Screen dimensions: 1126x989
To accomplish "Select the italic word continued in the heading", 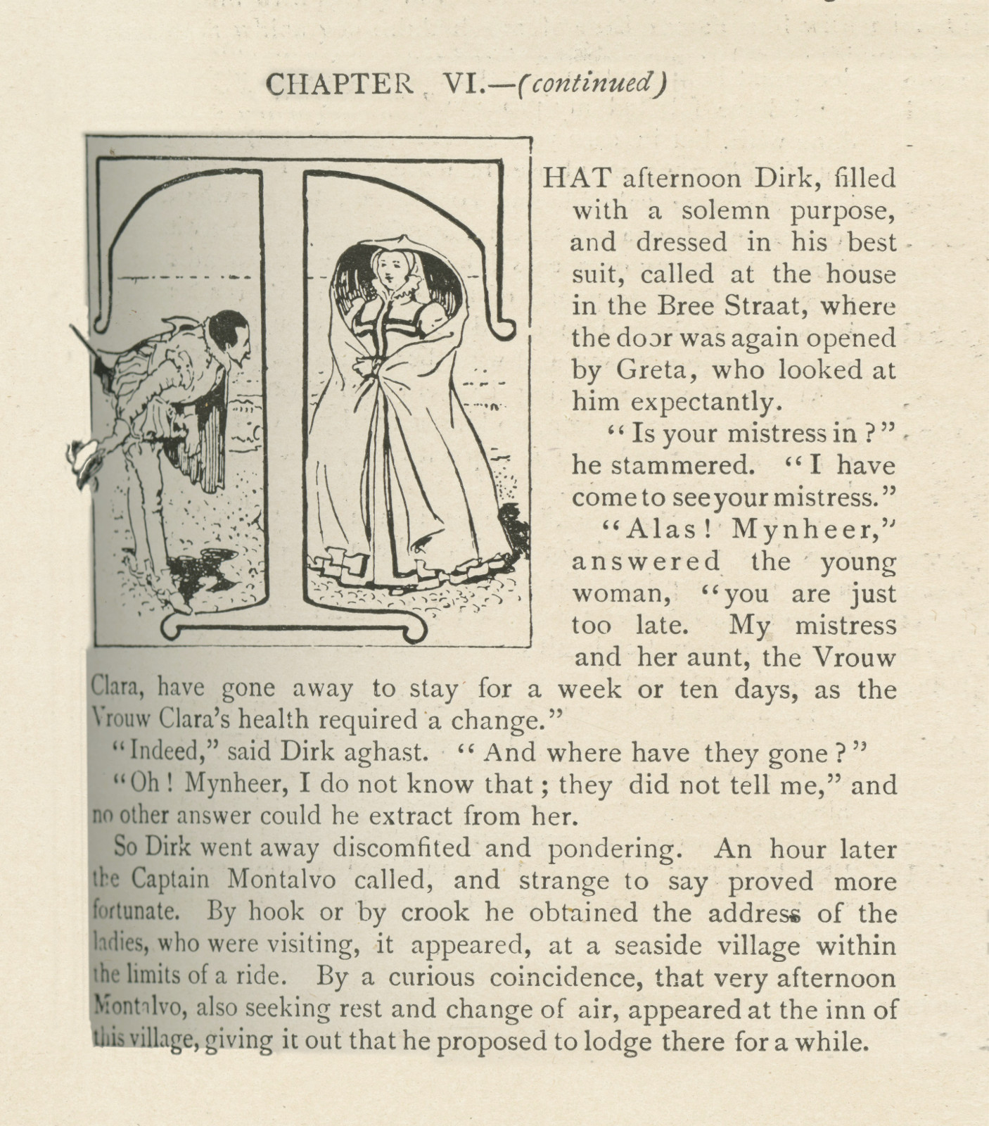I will coord(589,84).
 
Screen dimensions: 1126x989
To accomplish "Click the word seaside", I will coord(655,945).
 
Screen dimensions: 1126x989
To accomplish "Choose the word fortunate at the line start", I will coord(136,913).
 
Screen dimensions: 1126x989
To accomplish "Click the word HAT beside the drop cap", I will coord(576,179).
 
